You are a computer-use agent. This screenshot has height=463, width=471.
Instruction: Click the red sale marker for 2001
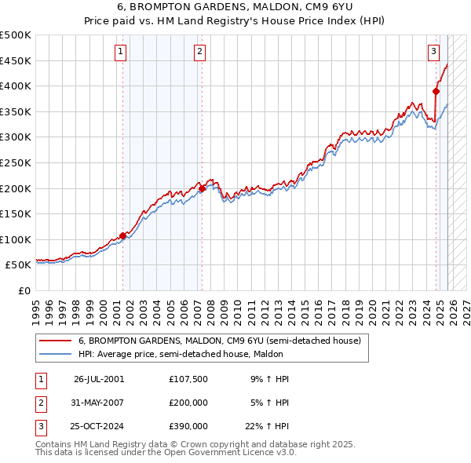pos(122,235)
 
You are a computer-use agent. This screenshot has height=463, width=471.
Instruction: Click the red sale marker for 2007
pos(202,188)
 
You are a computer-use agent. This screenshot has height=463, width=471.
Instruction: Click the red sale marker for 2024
pos(436,91)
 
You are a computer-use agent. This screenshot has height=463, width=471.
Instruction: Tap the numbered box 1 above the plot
pos(121,52)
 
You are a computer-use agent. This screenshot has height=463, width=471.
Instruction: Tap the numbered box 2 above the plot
pos(200,52)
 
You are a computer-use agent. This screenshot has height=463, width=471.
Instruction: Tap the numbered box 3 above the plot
pos(433,52)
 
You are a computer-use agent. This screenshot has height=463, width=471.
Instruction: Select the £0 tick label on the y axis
pos(25,290)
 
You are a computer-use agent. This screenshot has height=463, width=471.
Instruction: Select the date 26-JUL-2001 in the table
pos(99,379)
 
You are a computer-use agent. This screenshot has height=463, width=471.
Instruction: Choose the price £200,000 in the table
pos(188,403)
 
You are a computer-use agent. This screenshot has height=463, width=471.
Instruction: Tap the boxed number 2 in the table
pos(41,403)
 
